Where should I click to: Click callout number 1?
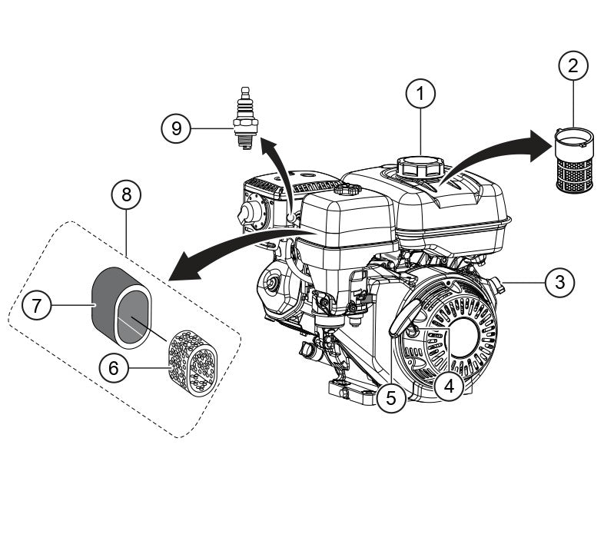tap(420, 95)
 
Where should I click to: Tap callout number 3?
tap(559, 282)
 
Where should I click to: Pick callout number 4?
tap(449, 386)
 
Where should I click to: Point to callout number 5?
tap(391, 397)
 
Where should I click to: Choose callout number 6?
tap(114, 368)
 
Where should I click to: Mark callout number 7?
tap(36, 306)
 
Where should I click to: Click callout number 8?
tap(126, 196)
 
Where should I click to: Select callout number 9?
tap(177, 128)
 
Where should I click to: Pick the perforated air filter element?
tap(191, 361)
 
